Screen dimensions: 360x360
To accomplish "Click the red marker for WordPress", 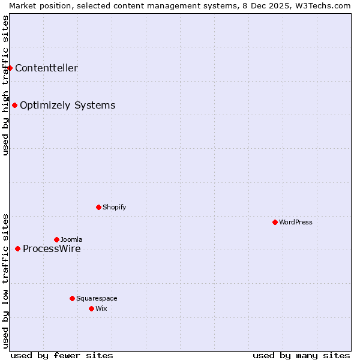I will coord(275,222).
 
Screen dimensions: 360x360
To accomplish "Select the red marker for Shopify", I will coord(98,207).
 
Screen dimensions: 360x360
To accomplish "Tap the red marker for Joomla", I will coord(56,239).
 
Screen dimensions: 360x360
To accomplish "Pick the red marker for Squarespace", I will coord(72,298).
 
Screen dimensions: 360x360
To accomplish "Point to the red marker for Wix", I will coord(91,308).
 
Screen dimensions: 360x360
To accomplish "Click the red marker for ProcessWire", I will coord(17,248).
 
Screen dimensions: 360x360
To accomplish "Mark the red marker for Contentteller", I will coord(10,68).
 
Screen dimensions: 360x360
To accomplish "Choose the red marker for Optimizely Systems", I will coord(14,105).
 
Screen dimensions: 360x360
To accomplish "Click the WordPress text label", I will coord(296,222).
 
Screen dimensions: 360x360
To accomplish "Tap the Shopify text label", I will coord(115,207).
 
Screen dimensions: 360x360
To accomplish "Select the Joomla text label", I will coord(71,239).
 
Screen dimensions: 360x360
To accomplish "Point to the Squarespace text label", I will coord(97,298).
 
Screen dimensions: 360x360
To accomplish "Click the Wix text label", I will coord(101,308).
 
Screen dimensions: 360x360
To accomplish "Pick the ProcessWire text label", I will coord(52,249).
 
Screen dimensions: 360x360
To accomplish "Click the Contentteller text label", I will coord(46,68).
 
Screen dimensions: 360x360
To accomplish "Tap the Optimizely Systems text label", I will coord(67,106).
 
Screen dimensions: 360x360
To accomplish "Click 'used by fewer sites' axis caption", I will coord(62,355).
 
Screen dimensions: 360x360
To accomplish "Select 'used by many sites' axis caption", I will coord(301,355).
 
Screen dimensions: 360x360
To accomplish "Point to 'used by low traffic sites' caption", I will coord(5,280).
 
